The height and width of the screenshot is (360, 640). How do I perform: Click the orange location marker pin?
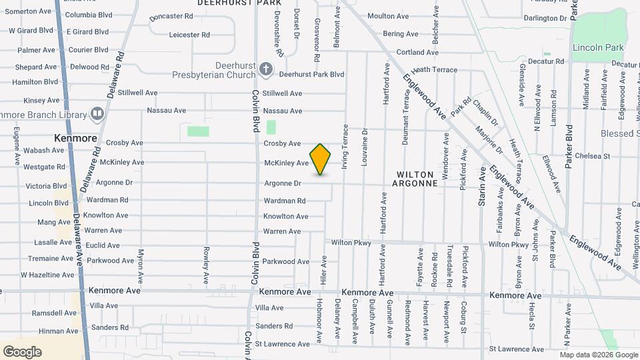(x=321, y=159)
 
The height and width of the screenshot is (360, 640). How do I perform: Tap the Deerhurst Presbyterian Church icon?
(x=265, y=69)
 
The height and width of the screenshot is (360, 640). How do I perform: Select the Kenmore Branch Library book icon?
(x=97, y=114)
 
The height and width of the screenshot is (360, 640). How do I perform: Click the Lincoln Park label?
(x=597, y=47)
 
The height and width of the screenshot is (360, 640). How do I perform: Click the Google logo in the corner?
(x=22, y=352)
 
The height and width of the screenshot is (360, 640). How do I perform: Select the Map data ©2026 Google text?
(x=599, y=355)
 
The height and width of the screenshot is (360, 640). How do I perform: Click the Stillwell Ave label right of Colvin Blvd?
(x=282, y=93)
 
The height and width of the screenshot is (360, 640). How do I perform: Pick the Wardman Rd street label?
(x=284, y=201)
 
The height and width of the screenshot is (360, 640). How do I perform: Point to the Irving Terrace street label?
(x=345, y=146)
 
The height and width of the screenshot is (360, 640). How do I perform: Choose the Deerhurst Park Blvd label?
(x=311, y=75)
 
